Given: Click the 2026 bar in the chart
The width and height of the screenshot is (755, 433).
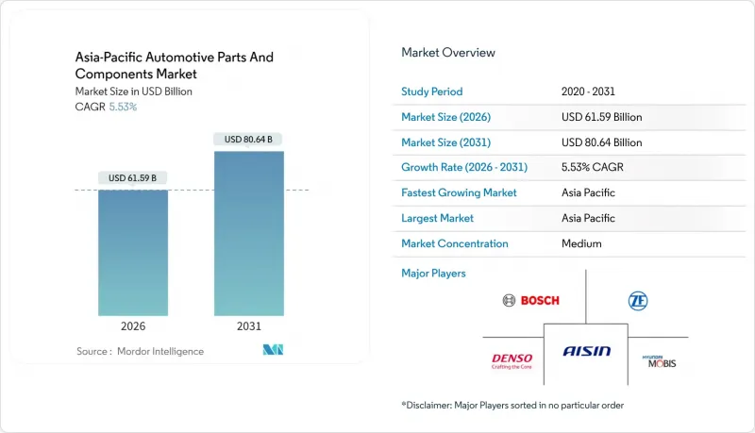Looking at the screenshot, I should click(133, 252).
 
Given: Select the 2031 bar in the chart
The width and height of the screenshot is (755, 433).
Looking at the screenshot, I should click(249, 233).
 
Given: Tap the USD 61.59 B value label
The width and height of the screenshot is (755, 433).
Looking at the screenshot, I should click(133, 178).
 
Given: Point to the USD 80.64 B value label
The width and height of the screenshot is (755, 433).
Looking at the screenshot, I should click(249, 140).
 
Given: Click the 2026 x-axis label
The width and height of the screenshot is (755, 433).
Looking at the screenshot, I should click(133, 326).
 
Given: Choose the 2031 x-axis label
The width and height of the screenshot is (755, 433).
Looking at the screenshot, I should click(249, 326).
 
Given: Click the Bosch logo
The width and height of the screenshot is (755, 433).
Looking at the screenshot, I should click(531, 300).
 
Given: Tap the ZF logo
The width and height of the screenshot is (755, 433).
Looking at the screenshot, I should click(638, 301).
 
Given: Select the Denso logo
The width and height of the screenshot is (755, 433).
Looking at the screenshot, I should click(512, 361).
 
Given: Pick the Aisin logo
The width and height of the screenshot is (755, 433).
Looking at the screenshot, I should click(587, 351).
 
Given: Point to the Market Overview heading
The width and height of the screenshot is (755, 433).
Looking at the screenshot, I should click(448, 53).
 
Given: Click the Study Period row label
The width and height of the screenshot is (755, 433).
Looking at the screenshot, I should click(432, 92).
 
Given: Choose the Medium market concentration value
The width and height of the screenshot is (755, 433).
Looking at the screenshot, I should click(581, 243).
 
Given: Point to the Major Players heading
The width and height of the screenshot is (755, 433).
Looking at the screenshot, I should click(434, 274).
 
